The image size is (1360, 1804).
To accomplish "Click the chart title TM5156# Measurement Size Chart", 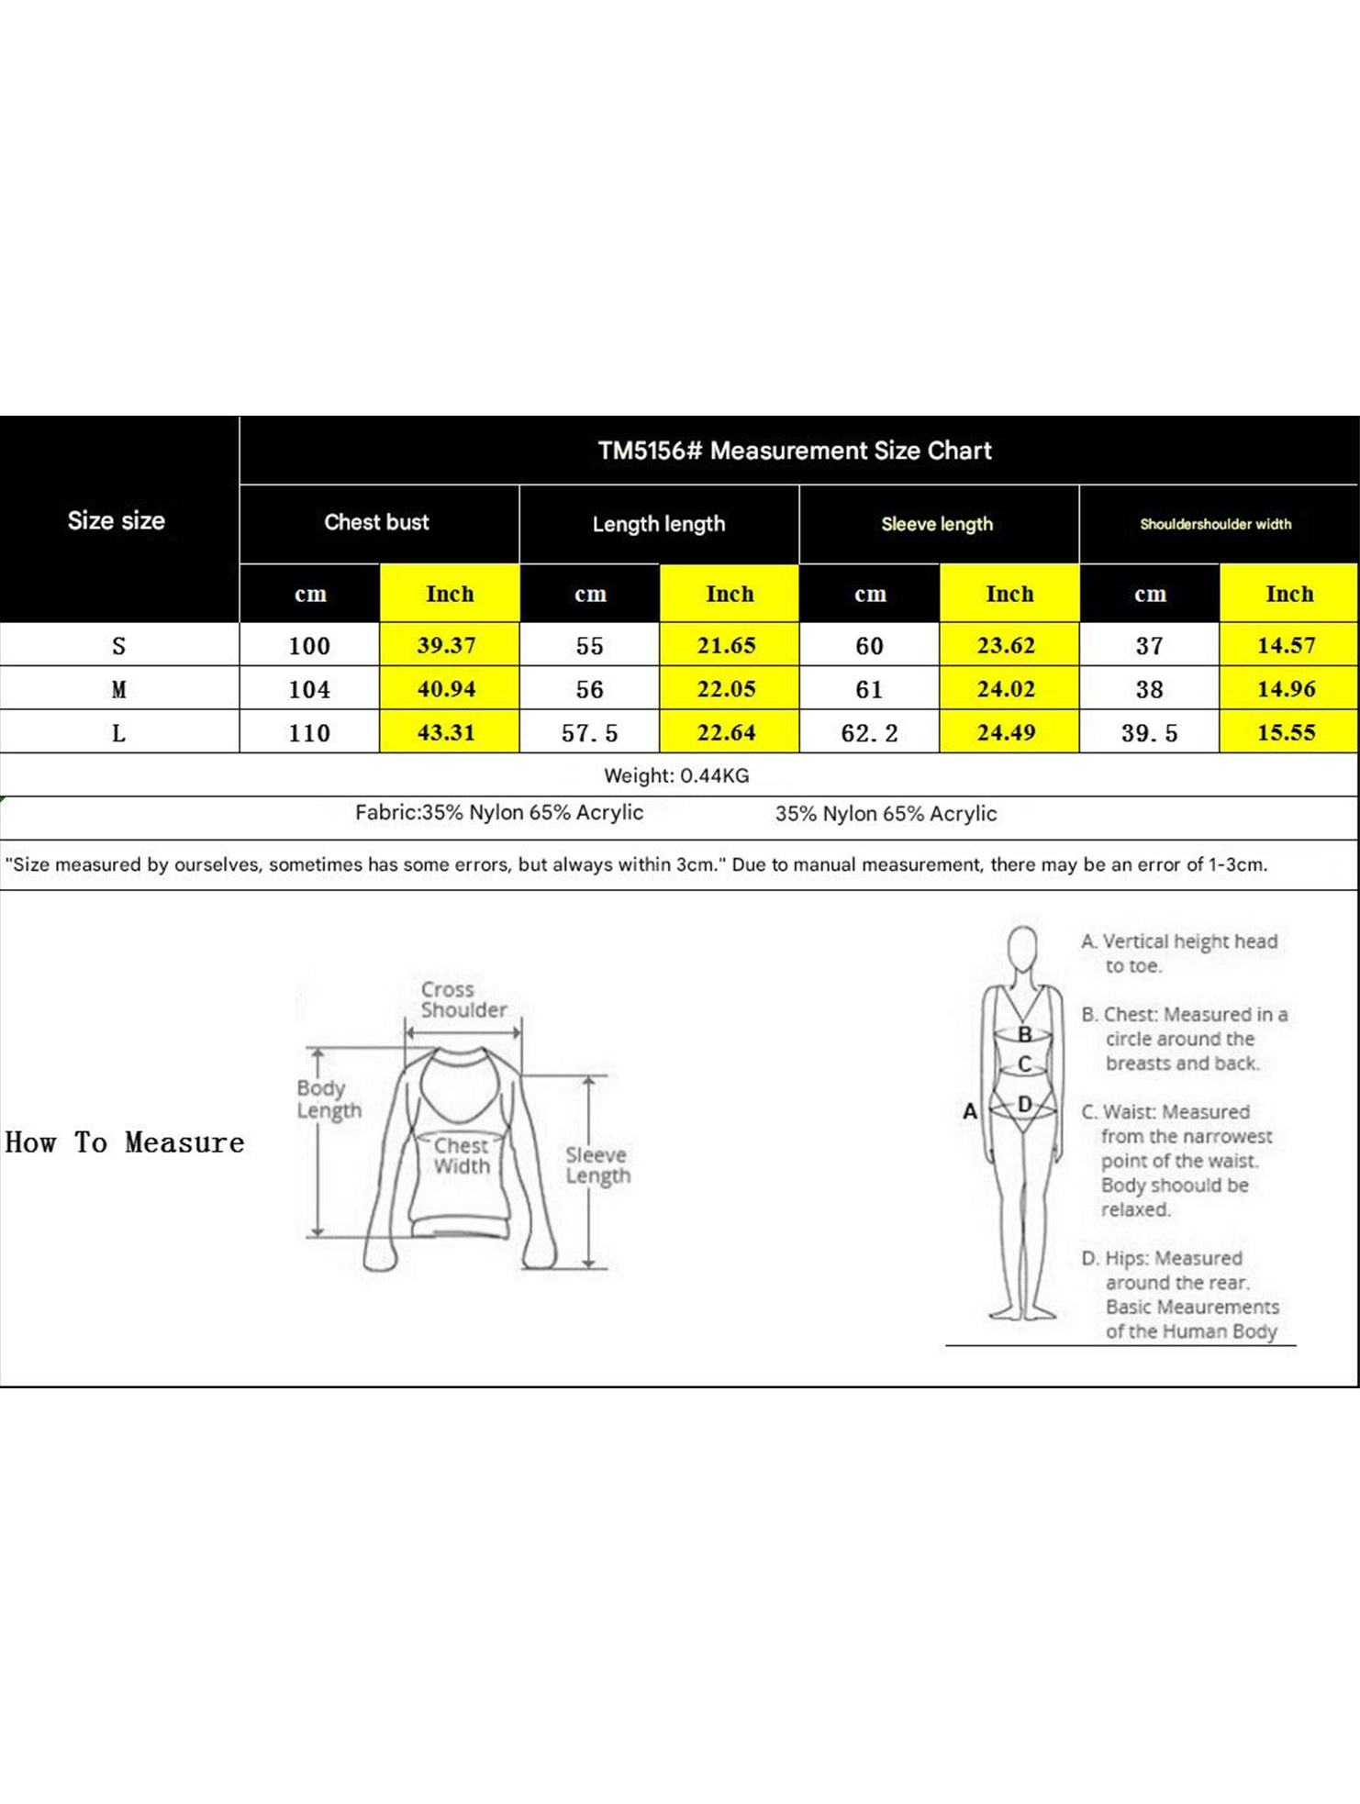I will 795,451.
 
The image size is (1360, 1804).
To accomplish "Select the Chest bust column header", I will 376,522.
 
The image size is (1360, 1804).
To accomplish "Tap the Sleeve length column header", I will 937,524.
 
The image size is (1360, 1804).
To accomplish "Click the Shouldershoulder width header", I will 1215,524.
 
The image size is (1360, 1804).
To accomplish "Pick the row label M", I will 118,689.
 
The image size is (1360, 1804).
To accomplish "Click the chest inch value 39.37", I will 447,645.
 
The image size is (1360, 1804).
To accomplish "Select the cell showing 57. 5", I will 589,733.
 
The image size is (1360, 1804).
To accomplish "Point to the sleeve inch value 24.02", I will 1006,689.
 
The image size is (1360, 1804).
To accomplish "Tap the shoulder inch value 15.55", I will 1286,732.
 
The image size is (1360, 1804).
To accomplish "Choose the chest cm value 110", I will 309,733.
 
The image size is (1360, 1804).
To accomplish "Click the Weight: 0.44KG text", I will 676,775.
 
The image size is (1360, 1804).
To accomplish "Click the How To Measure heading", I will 125,1142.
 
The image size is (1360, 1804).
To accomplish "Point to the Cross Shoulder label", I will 463,999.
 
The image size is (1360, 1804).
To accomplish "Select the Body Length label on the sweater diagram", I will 329,1098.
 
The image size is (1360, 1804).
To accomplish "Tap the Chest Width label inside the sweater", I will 462,1156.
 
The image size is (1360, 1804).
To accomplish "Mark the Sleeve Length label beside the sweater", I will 597,1165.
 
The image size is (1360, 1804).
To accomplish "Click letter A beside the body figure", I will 970,1111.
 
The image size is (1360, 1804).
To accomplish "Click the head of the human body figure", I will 1022,947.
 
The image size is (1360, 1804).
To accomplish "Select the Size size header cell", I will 117,520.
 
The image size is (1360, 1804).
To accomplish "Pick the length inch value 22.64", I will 726,732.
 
